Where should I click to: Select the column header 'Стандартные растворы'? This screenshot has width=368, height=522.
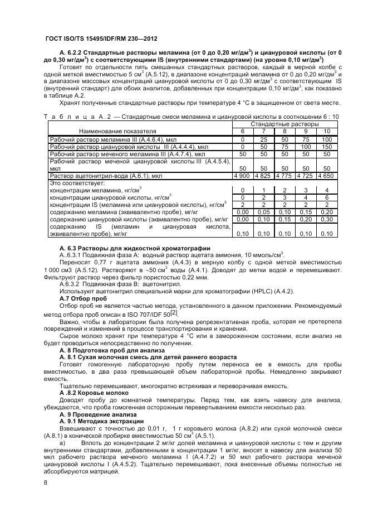(284, 123)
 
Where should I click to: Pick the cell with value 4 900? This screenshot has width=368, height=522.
(242, 175)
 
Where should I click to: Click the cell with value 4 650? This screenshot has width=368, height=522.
(327, 175)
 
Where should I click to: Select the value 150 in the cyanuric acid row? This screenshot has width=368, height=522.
(327, 147)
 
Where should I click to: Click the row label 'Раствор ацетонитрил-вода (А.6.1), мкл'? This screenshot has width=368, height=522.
(106, 175)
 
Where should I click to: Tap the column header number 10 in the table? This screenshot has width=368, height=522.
(327, 130)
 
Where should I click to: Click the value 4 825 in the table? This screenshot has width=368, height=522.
(263, 175)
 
